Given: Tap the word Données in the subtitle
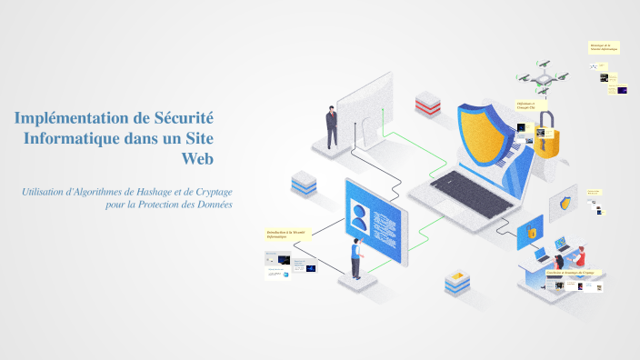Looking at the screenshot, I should click(210, 205).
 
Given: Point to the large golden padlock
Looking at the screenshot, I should click(548, 138).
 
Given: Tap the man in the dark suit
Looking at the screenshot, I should click(332, 126).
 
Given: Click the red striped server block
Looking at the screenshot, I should click(427, 103).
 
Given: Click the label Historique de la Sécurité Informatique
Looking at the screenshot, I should click(604, 46).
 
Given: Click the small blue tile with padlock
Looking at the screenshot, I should click(530, 232).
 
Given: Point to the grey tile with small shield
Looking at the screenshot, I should click(569, 203).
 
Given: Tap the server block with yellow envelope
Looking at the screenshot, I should click(458, 283).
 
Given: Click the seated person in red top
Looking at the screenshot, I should click(579, 258).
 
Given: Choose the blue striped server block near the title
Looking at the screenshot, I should click(304, 183).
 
